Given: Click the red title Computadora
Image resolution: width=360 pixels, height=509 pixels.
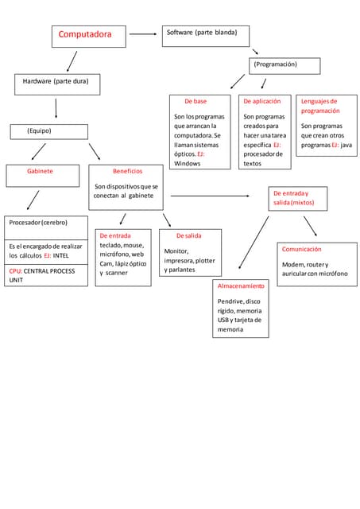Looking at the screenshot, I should tap(79, 34).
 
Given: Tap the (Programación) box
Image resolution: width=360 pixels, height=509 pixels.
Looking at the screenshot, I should tap(284, 64).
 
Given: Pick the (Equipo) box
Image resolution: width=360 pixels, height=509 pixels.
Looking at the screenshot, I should tap(48, 130).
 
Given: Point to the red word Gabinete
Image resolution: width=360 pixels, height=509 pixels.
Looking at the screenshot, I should tap(41, 171).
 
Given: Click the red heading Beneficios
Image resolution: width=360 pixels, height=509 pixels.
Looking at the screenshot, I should tap(127, 171).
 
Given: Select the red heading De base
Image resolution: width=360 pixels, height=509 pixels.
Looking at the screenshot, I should tap(195, 102).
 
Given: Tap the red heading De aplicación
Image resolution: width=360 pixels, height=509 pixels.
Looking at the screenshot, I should tap(261, 102).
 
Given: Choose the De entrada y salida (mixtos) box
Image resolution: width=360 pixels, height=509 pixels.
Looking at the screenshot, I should tap(294, 198).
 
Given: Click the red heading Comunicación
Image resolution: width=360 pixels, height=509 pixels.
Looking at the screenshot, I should tap(301, 249).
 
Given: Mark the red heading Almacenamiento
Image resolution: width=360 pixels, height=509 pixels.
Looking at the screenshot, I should tap(240, 285).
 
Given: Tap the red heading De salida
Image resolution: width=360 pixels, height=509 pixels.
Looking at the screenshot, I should tap(188, 236).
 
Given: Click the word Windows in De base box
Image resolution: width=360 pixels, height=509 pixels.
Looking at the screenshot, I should tap(188, 163).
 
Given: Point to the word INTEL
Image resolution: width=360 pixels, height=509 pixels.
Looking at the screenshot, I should tap(61, 256).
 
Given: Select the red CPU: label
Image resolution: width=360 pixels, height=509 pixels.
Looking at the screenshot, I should tap(15, 271).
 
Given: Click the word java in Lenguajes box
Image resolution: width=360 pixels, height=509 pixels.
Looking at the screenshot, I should tap(346, 146).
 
